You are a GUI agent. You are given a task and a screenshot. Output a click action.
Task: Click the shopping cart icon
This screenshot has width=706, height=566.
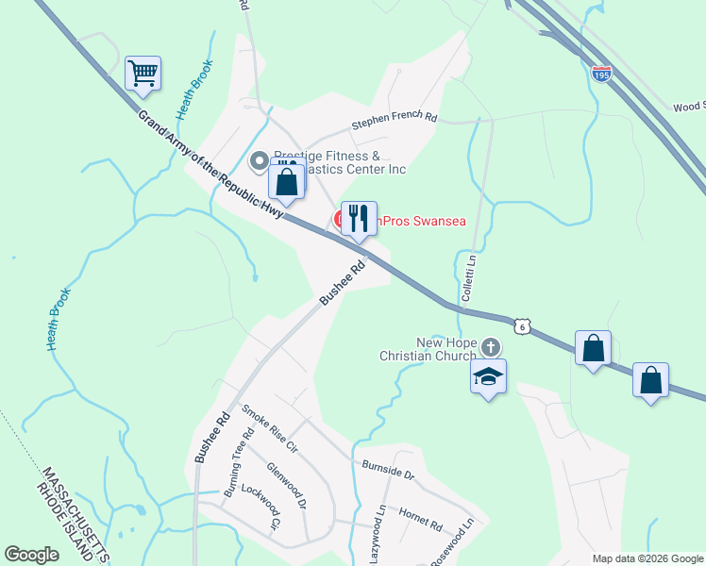(x=143, y=73)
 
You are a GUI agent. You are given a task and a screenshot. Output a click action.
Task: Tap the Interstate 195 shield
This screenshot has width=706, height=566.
(x=601, y=73)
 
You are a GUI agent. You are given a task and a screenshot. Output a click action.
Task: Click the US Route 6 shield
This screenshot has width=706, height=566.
(x=522, y=326)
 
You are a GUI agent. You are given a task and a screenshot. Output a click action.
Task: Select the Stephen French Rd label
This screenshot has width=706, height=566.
(x=395, y=121)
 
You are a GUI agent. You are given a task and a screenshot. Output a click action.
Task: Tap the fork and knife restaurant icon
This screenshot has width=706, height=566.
(x=359, y=218)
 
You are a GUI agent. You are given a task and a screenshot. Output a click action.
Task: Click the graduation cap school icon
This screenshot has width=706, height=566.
(x=488, y=376)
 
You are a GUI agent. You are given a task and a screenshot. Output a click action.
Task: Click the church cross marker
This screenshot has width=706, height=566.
(x=490, y=347)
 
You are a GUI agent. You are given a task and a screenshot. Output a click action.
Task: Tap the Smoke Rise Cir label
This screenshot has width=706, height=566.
(x=269, y=427)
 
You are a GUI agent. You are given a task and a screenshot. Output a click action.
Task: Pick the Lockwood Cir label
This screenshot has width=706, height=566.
(x=261, y=507)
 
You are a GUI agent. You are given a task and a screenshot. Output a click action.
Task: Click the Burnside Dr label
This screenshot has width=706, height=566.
(x=388, y=470)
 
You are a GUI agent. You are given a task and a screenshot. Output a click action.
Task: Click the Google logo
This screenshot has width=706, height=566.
(x=31, y=555)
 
